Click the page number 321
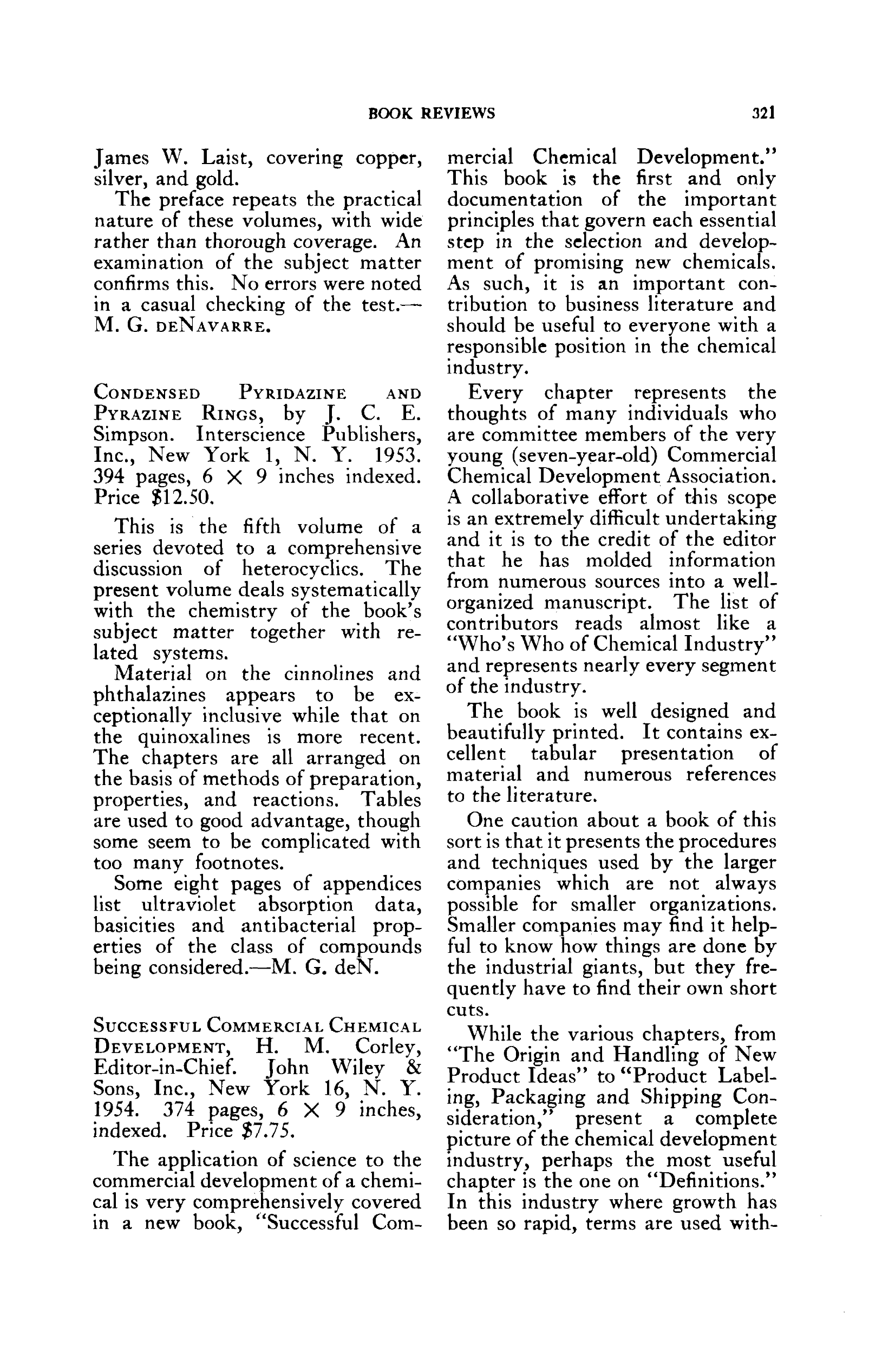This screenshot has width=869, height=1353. pyautogui.click(x=763, y=113)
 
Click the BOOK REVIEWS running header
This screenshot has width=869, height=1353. pyautogui.click(x=432, y=114)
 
